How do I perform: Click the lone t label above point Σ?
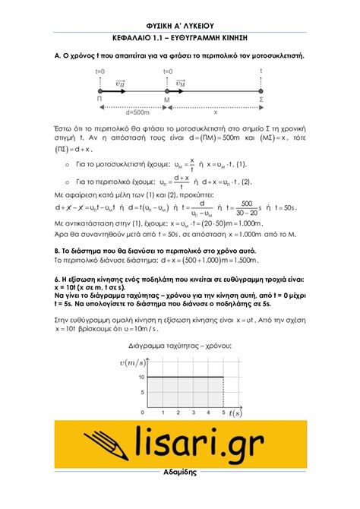(262, 71)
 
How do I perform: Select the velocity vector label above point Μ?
(181, 82)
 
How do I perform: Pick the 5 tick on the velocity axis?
(141, 392)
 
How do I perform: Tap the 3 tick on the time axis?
(193, 413)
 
